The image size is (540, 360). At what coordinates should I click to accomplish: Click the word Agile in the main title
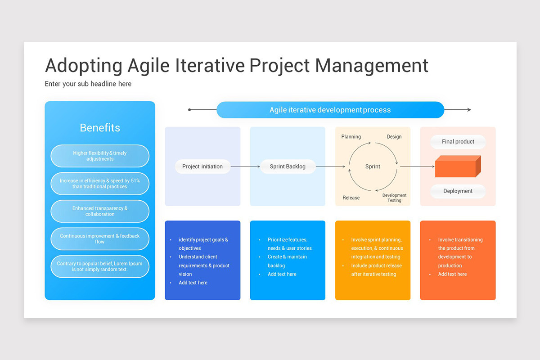(x=146, y=65)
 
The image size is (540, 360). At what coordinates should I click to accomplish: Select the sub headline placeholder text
(x=88, y=84)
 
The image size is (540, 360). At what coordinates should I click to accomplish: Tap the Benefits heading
(x=100, y=128)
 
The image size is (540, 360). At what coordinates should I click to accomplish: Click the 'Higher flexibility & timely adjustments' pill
(x=100, y=156)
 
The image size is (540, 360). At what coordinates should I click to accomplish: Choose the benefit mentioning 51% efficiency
(x=100, y=184)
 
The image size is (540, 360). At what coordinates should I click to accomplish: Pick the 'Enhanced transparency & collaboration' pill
(x=100, y=211)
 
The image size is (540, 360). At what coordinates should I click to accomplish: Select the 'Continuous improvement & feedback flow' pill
(x=100, y=239)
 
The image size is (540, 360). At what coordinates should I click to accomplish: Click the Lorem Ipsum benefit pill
(x=100, y=266)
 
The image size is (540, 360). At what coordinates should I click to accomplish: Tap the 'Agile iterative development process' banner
(x=330, y=110)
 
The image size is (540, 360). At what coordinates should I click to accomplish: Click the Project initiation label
(x=202, y=166)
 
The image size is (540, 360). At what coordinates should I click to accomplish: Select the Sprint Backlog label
(x=288, y=166)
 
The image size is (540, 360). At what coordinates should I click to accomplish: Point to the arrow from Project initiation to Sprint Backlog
(x=245, y=166)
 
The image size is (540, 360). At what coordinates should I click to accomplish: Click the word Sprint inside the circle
(x=373, y=166)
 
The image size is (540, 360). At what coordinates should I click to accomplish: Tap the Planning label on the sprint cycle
(x=351, y=137)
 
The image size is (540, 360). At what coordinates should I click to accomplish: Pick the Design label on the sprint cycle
(x=394, y=137)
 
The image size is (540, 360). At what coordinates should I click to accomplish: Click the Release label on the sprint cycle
(x=351, y=198)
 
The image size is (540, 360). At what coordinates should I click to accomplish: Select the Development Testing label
(x=394, y=198)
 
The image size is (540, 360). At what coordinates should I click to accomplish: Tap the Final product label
(x=458, y=142)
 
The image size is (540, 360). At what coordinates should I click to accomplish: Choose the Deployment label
(x=458, y=191)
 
